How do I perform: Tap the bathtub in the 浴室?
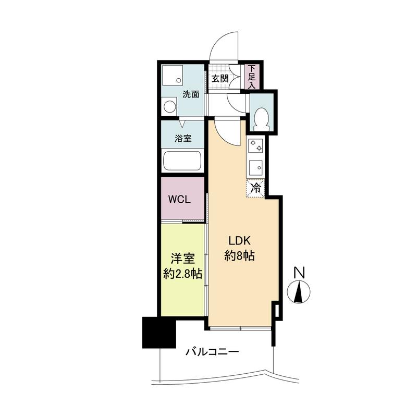click(x=182, y=161)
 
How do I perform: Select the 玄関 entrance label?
click(x=220, y=79)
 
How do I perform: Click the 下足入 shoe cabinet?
click(x=252, y=77)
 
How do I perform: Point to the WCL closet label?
click(x=179, y=200)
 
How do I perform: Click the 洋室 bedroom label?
click(x=182, y=259)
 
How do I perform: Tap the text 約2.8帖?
click(x=182, y=274)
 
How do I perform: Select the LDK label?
click(x=240, y=241)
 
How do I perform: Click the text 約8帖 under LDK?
click(x=239, y=256)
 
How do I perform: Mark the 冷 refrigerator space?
click(x=255, y=189)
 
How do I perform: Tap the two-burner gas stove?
click(x=255, y=146)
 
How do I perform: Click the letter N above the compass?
click(x=299, y=273)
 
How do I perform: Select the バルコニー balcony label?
click(x=212, y=352)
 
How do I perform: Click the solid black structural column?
click(x=159, y=333)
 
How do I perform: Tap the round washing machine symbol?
click(x=169, y=107)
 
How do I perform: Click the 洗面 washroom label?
click(x=191, y=94)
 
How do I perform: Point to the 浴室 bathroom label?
click(x=183, y=138)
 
